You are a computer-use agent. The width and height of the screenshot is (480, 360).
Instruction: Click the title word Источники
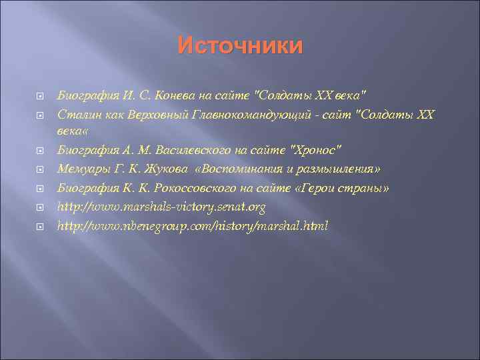click(240, 46)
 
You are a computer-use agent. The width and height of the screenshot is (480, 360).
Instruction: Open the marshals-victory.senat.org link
click(162, 207)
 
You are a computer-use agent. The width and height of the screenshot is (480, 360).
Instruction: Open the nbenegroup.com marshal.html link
click(193, 227)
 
